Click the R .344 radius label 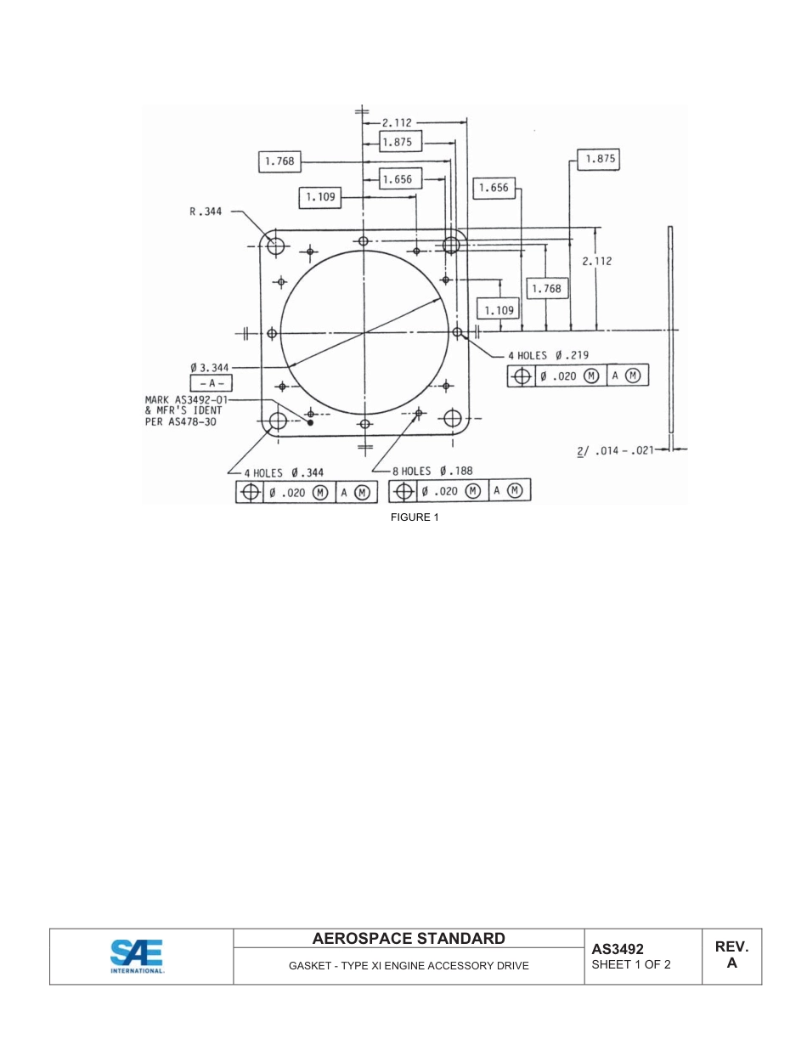tap(205, 212)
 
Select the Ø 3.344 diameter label tap(209, 367)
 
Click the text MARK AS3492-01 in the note tap(186, 398)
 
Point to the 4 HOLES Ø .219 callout tap(548, 355)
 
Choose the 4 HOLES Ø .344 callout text tap(284, 472)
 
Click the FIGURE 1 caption tap(415, 517)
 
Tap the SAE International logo tap(137, 956)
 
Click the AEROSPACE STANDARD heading tap(409, 939)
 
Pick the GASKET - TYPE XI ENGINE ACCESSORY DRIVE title tap(409, 966)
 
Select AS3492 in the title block tap(618, 949)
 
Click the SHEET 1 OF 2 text tap(631, 964)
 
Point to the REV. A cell tap(731, 955)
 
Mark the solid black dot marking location tap(310, 421)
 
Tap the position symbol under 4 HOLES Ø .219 tap(522, 376)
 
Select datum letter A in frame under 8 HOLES tap(495, 491)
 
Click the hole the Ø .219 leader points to tap(457, 332)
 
